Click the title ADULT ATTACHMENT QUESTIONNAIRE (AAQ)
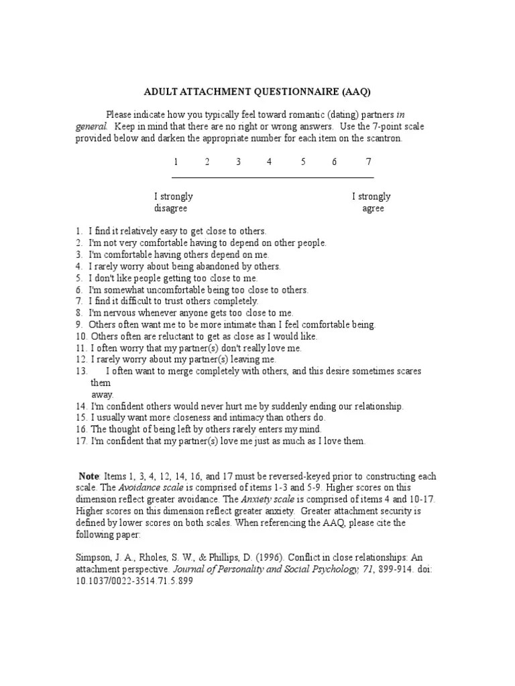pyautogui.click(x=257, y=91)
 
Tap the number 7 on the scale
pyautogui.click(x=368, y=162)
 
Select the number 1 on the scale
pyautogui.click(x=176, y=162)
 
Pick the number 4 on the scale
pyautogui.click(x=269, y=162)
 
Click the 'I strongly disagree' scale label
pyautogui.click(x=174, y=202)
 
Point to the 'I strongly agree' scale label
pyautogui.click(x=371, y=202)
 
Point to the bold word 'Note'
pyautogui.click(x=89, y=476)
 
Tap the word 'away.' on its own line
pyautogui.click(x=103, y=395)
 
